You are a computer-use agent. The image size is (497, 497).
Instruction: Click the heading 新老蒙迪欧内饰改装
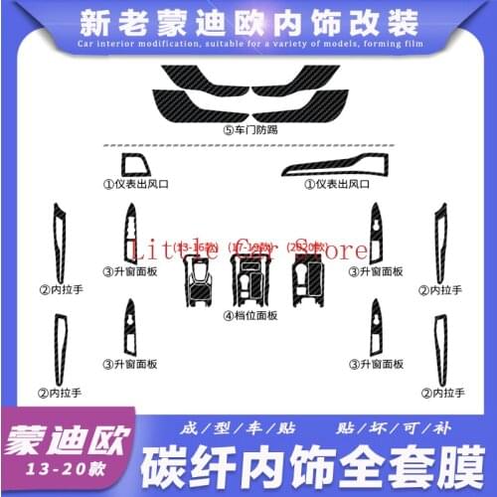point(248,20)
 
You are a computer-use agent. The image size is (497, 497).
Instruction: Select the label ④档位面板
point(250,316)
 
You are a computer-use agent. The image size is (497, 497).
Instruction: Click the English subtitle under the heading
point(248,46)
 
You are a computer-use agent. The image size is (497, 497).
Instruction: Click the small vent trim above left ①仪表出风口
point(133,164)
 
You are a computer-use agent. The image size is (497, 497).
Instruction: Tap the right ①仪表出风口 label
point(338,184)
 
